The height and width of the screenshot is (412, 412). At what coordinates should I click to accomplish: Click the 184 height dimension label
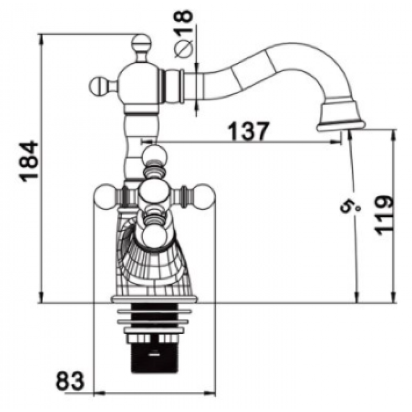(29, 161)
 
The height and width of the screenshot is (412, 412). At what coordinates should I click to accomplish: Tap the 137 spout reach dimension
(248, 131)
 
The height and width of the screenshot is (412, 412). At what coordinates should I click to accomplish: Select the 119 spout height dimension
(384, 215)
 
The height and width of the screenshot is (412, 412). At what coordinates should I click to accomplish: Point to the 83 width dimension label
(70, 381)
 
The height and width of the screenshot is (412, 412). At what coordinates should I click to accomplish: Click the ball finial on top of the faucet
(141, 43)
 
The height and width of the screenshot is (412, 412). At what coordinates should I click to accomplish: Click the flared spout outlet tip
(340, 126)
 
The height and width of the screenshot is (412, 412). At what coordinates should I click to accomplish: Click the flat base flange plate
(154, 299)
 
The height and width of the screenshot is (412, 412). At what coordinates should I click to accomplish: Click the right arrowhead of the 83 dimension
(210, 393)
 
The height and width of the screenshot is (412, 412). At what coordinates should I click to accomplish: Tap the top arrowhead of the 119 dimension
(393, 135)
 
